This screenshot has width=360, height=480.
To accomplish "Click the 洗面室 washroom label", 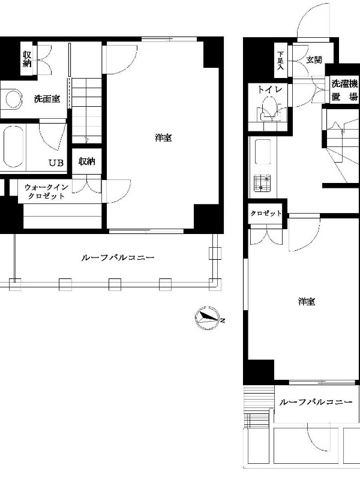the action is coord(47,99).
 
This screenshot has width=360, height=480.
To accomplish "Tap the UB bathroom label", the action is coord(56,163).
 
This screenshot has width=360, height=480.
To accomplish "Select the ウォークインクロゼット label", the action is coord(46,191).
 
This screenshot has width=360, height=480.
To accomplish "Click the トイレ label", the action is coord(269,89).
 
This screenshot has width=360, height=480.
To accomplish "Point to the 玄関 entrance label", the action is coord(314,60).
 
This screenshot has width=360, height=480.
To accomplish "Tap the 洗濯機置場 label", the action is coord(344,91).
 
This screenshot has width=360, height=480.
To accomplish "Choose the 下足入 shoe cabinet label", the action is coord(280,61).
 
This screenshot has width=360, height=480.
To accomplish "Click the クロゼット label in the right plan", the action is coord(266,214).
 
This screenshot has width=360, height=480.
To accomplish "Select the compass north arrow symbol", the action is coord(208,319).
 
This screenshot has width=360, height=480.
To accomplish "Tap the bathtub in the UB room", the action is coord(13,146).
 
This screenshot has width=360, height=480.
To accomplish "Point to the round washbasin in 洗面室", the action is coord(13,98).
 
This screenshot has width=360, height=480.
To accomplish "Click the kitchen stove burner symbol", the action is coord(263,183).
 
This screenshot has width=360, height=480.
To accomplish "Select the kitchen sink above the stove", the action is coord(263,152).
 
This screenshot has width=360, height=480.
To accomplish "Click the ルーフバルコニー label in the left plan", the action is coord(118,257).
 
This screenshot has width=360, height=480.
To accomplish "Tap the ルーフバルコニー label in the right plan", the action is coord(316,401).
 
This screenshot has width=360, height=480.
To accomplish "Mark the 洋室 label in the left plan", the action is coord(163,138).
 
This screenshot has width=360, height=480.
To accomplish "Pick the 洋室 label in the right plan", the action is coord(307,302).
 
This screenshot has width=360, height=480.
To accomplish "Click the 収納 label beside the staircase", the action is coord(87,161).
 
